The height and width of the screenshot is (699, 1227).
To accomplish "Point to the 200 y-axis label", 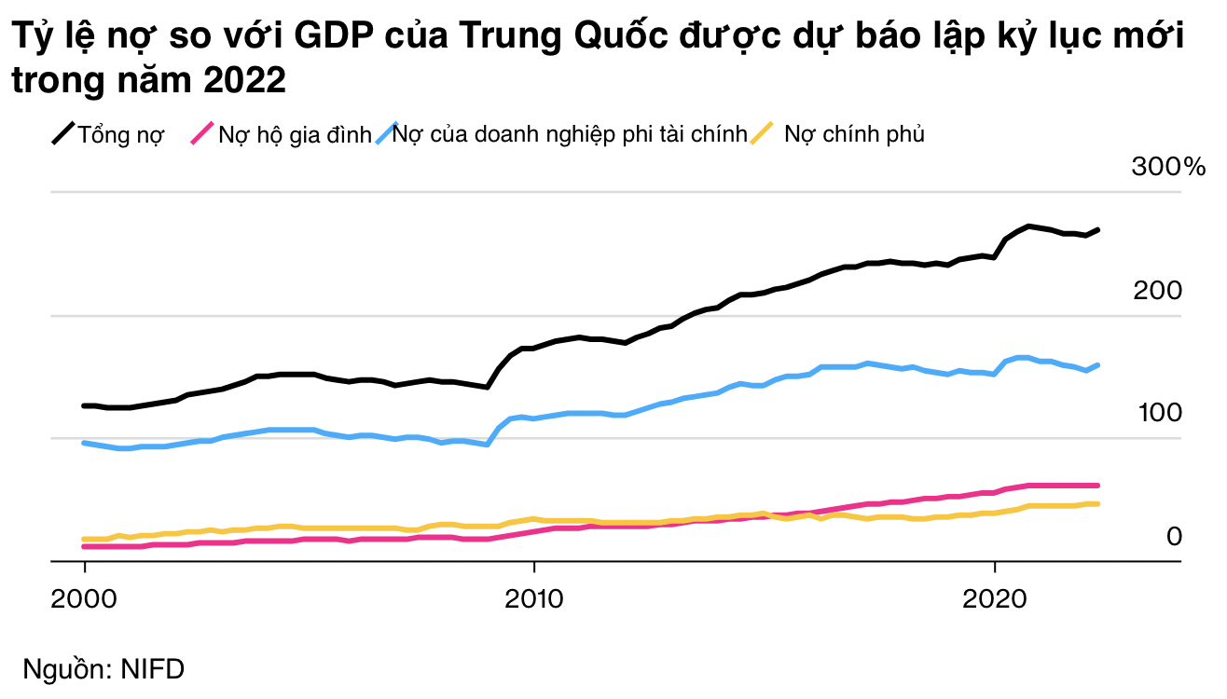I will [1157, 291].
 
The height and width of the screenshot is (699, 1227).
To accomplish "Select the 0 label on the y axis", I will [1174, 536].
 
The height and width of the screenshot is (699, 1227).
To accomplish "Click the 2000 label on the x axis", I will [85, 596].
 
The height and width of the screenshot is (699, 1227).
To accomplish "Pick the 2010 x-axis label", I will [533, 596].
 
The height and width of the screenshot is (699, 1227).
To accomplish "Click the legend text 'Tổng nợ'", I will [121, 135].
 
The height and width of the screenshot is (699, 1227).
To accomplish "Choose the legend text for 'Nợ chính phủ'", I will [854, 135].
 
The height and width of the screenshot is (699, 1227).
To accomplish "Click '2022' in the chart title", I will [244, 81].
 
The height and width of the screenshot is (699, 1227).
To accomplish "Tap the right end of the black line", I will [1098, 229].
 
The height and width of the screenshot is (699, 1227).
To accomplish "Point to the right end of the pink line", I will [1098, 486].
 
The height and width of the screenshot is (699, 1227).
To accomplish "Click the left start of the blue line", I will [85, 443].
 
